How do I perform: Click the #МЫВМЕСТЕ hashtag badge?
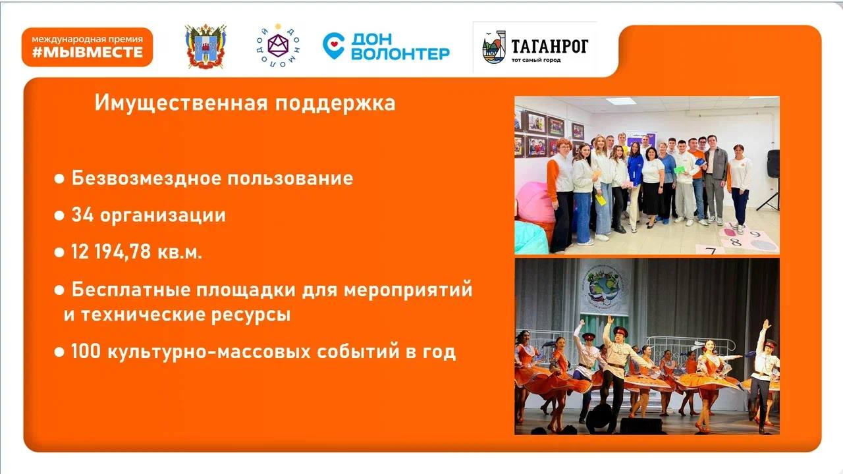pos(88,47)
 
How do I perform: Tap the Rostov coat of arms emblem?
pos(205,46)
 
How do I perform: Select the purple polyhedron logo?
pos(278,45)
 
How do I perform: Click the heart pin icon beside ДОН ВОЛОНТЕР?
pos(333,46)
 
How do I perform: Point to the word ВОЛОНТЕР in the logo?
pos(400,53)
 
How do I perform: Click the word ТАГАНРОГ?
pos(549,46)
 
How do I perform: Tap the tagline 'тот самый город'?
pos(536,60)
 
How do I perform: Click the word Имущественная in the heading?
pos(181,103)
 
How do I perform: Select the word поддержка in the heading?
pos(335,103)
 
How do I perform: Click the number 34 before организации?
pos(82,215)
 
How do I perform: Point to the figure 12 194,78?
pos(111,251)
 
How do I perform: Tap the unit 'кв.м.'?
pos(180,252)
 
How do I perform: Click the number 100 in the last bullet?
pos(86,351)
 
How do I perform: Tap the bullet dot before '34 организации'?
pos(59,215)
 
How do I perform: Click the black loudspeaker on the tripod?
pos(773,164)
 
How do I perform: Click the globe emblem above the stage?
pos(604,287)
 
